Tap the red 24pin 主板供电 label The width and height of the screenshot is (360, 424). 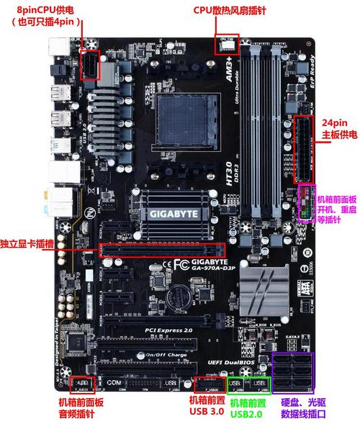[x=337, y=129]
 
